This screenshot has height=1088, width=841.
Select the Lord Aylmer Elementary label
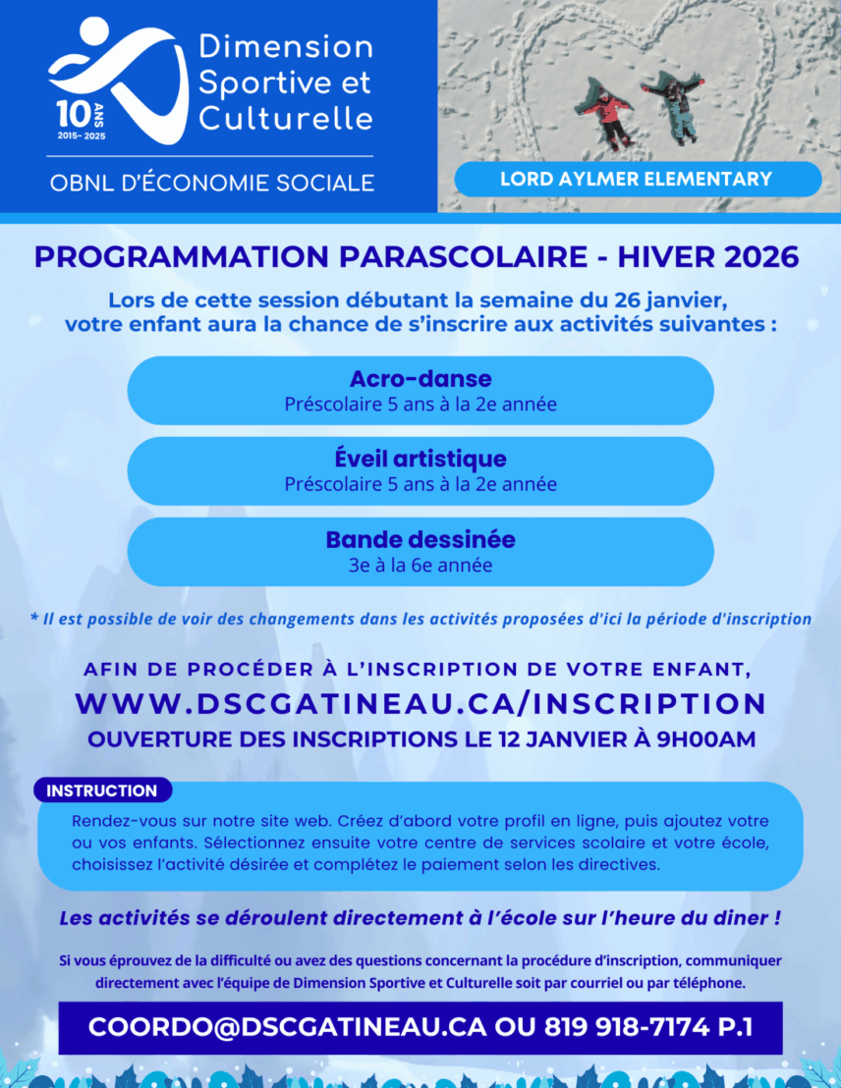pos(636,180)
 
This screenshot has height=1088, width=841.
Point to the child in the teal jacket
pos(676,106)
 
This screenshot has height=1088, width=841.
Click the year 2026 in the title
pos(762,257)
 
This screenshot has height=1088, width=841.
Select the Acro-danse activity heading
pos(420,379)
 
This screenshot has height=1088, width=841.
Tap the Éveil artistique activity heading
pos(420,460)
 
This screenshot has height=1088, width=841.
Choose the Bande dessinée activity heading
pos(420,540)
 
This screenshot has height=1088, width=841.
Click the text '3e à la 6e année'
pos(420,566)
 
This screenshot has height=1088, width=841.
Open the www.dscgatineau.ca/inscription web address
pos(420,703)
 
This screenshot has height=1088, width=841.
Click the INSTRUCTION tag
pos(102,790)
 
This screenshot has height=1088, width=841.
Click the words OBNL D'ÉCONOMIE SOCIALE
pos(212,183)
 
